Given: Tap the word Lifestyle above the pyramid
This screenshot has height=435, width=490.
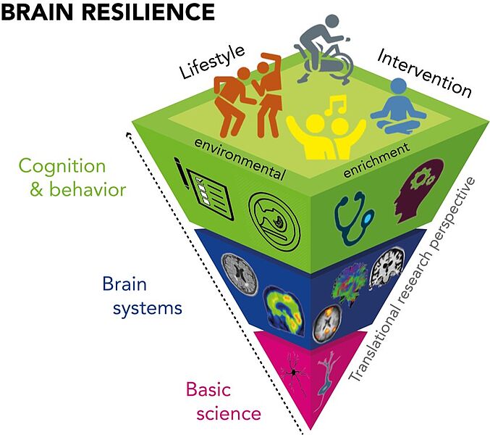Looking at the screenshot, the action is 212,62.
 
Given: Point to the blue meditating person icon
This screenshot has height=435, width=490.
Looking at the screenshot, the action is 398,107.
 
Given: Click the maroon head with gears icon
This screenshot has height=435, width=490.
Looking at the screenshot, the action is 419,191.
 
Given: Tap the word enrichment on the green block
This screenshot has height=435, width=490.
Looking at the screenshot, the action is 376,160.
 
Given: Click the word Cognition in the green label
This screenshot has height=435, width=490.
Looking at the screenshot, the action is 62,165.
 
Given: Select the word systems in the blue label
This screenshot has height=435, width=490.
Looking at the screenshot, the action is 147,308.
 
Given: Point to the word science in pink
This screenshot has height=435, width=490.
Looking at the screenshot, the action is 229,413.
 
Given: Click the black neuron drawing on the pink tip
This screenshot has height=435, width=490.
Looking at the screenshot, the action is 294,372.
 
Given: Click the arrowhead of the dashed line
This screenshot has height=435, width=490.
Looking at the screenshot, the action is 128,135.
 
